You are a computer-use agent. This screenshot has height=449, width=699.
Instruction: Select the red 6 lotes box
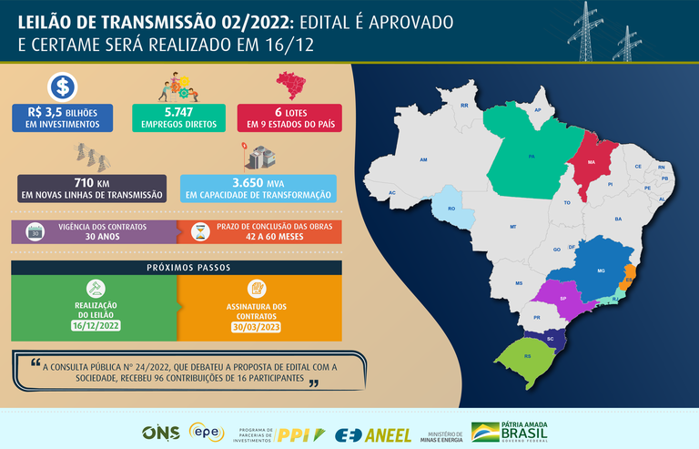click(x=289, y=117)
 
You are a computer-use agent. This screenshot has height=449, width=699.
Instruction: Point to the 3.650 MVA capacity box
click(x=259, y=188)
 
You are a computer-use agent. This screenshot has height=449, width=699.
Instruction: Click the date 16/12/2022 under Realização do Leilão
click(x=95, y=325)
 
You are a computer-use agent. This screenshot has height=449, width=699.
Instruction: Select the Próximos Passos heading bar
click(x=177, y=268)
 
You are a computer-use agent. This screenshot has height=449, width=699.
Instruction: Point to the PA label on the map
click(x=531, y=157)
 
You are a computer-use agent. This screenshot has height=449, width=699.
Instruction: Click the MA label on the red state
click(x=592, y=162)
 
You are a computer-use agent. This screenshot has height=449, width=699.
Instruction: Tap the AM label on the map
click(x=423, y=159)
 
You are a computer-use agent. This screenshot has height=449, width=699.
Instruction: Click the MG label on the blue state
click(x=601, y=270)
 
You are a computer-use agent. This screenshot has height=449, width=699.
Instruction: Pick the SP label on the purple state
click(x=563, y=299)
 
